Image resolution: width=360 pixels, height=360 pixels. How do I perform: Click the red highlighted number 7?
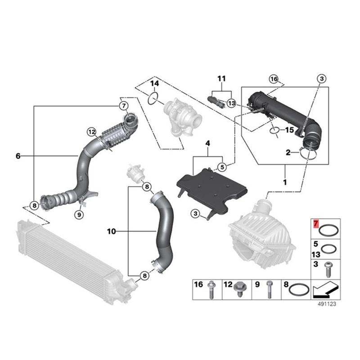316,223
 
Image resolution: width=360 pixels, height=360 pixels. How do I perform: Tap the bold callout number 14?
154,84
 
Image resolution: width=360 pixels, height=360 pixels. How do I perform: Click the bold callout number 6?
18,156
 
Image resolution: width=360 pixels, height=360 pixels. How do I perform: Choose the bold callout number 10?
112,231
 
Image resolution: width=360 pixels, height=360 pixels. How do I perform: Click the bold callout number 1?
284,184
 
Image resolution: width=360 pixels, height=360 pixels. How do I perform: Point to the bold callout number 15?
289,130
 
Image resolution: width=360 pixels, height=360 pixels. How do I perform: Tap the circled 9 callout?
79,215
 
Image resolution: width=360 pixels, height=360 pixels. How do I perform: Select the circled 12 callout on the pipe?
92,132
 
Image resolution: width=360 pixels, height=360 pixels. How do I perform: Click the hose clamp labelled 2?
308,155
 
